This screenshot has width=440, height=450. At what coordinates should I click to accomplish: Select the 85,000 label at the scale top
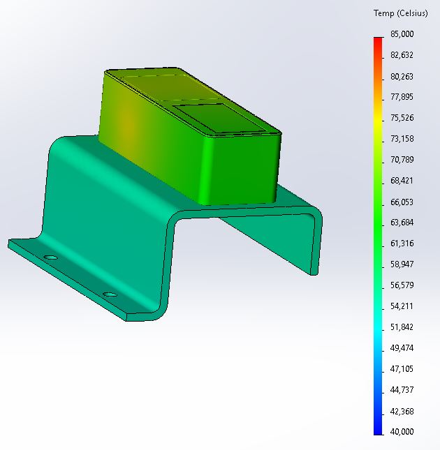(402, 34)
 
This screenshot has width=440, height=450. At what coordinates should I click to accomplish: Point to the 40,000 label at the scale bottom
(402, 432)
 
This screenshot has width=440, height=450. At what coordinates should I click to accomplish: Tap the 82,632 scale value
(402, 55)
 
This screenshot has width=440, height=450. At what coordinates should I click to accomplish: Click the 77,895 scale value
(402, 97)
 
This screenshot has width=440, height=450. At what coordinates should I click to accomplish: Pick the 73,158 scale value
(402, 139)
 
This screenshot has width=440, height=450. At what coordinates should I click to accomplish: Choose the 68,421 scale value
(402, 181)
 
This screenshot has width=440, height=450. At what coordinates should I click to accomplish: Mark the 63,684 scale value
(402, 223)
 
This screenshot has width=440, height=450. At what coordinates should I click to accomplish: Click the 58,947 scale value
(402, 264)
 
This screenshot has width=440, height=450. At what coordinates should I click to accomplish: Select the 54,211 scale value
(402, 306)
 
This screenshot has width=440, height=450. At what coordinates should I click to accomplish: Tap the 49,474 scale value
(402, 348)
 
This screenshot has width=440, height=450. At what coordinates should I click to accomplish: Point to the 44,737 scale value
(402, 390)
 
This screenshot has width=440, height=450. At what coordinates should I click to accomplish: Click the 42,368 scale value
(402, 411)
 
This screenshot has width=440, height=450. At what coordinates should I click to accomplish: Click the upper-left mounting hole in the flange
(50, 257)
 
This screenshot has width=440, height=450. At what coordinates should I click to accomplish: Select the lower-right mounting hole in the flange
(109, 294)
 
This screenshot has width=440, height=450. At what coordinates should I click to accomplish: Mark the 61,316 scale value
(402, 243)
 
